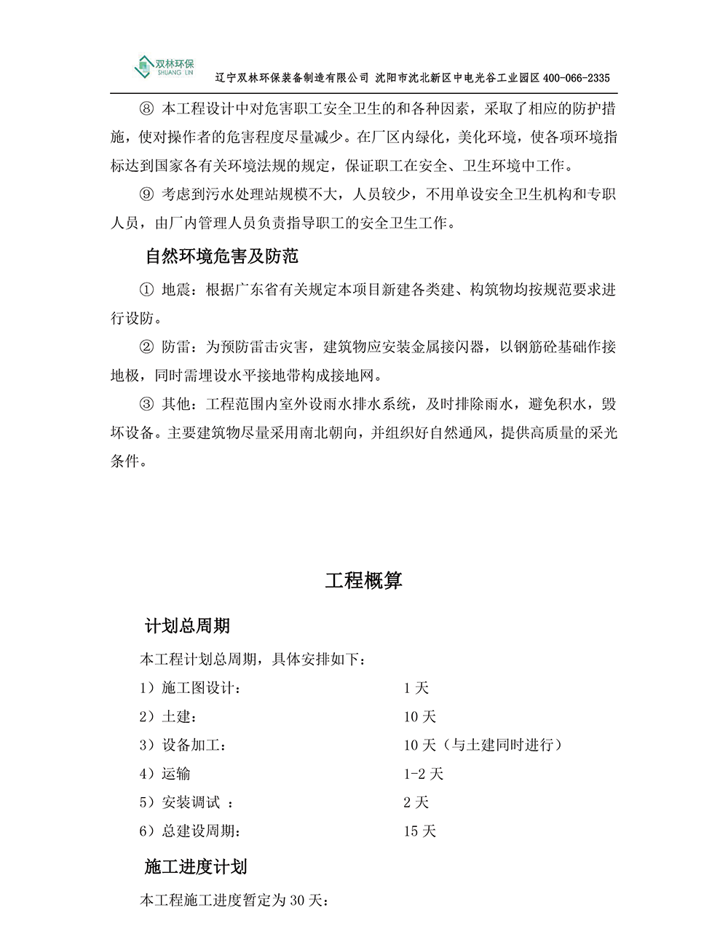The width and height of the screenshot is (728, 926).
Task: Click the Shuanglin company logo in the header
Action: tap(165, 67)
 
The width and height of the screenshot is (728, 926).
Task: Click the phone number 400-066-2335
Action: tap(577, 78)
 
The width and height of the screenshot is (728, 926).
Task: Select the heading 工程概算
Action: tap(363, 581)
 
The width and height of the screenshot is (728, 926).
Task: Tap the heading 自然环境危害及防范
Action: tap(221, 256)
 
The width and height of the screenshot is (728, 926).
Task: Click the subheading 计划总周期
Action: tap(188, 626)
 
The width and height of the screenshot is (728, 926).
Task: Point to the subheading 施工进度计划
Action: tap(196, 867)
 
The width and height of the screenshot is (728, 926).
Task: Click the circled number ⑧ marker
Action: tap(146, 109)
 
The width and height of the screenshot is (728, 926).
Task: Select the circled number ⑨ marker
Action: tap(146, 194)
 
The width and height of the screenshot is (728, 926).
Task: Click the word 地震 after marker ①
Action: tap(175, 290)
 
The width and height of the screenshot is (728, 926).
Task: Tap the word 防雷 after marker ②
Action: tap(175, 347)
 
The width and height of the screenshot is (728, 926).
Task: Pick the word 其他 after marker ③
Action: tap(175, 404)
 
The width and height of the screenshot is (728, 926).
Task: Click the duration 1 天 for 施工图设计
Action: tap(416, 688)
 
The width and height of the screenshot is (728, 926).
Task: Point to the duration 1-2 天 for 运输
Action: tap(423, 774)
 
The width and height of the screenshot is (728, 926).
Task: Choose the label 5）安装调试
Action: tap(180, 802)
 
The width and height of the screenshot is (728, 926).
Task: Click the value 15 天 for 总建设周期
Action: tap(419, 831)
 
